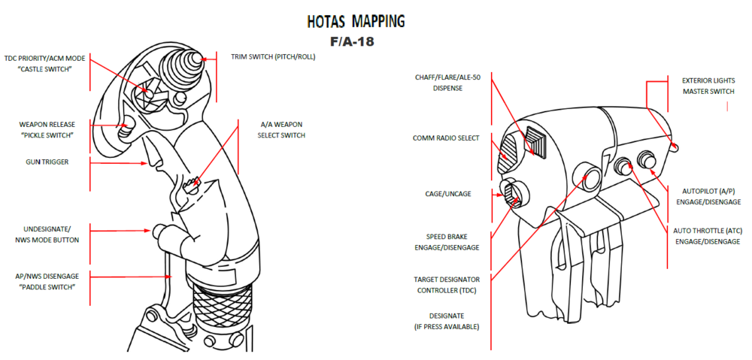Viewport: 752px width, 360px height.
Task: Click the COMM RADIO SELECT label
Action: click(x=446, y=138)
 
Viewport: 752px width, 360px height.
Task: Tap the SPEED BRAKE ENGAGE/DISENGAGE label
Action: click(x=447, y=242)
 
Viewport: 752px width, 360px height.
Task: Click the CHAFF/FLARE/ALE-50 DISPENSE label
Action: click(x=447, y=82)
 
